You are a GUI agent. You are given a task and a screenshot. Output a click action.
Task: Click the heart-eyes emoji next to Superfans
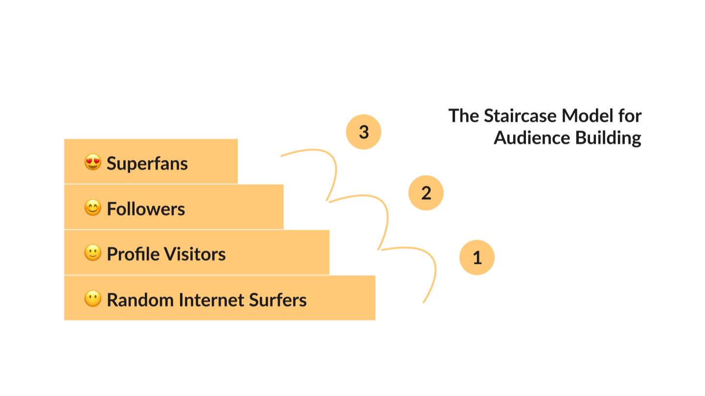92,163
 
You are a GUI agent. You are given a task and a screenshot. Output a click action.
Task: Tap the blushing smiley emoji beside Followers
92,209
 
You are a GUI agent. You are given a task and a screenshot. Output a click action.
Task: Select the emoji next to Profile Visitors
92,254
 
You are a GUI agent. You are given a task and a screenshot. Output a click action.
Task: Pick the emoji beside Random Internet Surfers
92,299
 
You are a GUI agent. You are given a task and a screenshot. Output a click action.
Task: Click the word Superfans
147,163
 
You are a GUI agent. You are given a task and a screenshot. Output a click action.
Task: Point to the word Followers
146,209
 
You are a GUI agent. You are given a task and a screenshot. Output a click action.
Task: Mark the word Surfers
278,300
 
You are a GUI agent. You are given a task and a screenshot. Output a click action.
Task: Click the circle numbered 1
477,257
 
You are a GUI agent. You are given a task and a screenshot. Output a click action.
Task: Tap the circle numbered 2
426,193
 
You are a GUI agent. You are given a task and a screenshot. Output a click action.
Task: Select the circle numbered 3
364,132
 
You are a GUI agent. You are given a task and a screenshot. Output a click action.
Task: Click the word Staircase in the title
521,116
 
